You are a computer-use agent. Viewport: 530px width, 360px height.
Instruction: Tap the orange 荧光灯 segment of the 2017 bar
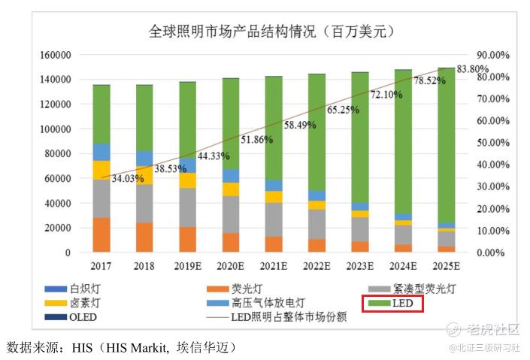[101, 234]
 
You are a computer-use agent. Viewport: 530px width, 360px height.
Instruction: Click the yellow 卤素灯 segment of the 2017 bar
[101, 170]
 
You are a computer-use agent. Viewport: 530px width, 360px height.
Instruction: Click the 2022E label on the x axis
[317, 265]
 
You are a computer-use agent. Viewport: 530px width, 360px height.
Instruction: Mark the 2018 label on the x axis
[144, 265]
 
